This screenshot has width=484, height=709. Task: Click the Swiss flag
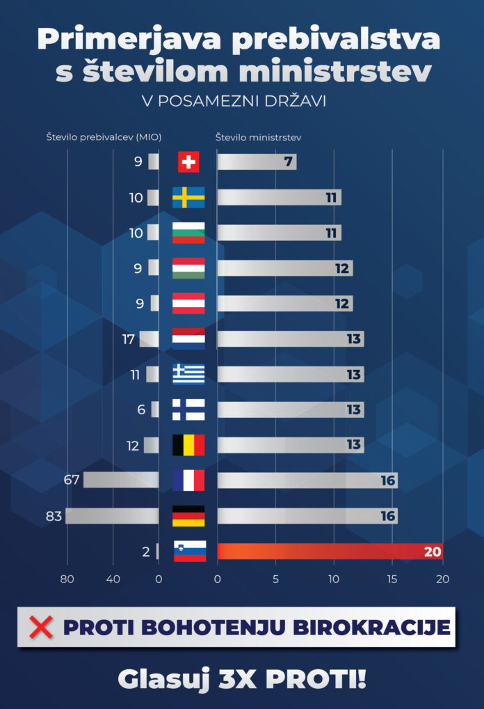(188, 162)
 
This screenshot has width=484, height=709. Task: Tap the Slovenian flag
(190, 551)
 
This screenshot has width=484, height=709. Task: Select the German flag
(188, 516)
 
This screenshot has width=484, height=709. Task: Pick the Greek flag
(188, 374)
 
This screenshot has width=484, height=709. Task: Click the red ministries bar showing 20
(330, 552)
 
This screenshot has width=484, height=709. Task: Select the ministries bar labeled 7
(257, 162)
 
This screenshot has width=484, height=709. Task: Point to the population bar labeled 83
(112, 516)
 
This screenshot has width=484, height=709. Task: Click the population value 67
(72, 481)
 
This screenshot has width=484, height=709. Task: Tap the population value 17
(127, 339)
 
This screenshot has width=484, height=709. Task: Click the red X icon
(42, 627)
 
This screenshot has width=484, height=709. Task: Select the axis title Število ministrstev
(258, 137)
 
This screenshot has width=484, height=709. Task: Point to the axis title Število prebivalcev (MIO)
(104, 137)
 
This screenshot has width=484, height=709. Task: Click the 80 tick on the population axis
(67, 579)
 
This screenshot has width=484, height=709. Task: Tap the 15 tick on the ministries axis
(393, 579)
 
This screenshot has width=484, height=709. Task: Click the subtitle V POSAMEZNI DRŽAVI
(234, 101)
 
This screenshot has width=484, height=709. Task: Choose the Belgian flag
(188, 445)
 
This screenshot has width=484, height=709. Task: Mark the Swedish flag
(188, 197)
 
